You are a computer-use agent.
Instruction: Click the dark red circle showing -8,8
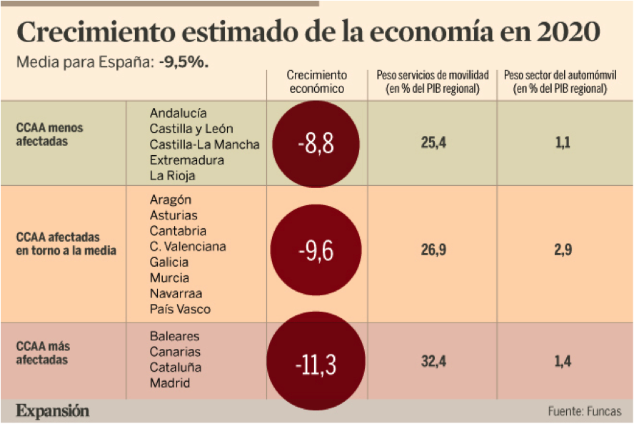[x=316, y=144]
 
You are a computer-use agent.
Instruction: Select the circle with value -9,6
[x=316, y=250]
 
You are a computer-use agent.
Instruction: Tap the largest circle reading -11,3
[x=316, y=362]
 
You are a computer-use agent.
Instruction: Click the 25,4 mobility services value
[x=433, y=144]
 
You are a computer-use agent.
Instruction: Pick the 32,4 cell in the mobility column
[x=433, y=362]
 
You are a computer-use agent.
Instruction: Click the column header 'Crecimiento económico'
[x=316, y=82]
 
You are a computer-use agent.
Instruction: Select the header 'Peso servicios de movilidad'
[x=433, y=82]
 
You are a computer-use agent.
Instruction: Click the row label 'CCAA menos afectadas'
[x=50, y=134]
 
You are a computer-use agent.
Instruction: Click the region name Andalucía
[x=178, y=113]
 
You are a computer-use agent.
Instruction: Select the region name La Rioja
[x=173, y=176]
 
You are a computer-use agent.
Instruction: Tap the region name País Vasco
[x=181, y=309]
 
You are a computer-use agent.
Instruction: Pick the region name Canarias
[x=176, y=352]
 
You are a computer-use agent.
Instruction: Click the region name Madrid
[x=170, y=383]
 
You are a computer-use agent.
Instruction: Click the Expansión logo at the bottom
[x=53, y=411]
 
